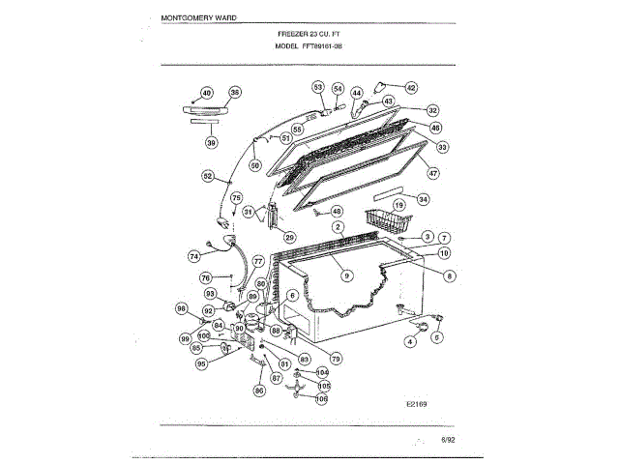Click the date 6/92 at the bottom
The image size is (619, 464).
[448, 440]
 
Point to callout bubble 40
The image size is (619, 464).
[206, 93]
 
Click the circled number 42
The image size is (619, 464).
[410, 87]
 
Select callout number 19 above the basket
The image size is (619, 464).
[398, 206]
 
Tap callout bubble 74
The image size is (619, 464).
[193, 257]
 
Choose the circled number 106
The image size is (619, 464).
[322, 397]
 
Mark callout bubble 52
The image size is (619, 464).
[208, 176]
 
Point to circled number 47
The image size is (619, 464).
[433, 173]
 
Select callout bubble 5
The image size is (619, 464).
[436, 338]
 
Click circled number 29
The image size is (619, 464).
[288, 237]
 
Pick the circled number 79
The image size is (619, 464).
[337, 358]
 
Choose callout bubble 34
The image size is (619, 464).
[423, 199]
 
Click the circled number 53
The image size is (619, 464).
[317, 87]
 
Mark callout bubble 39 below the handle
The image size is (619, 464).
[211, 142]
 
